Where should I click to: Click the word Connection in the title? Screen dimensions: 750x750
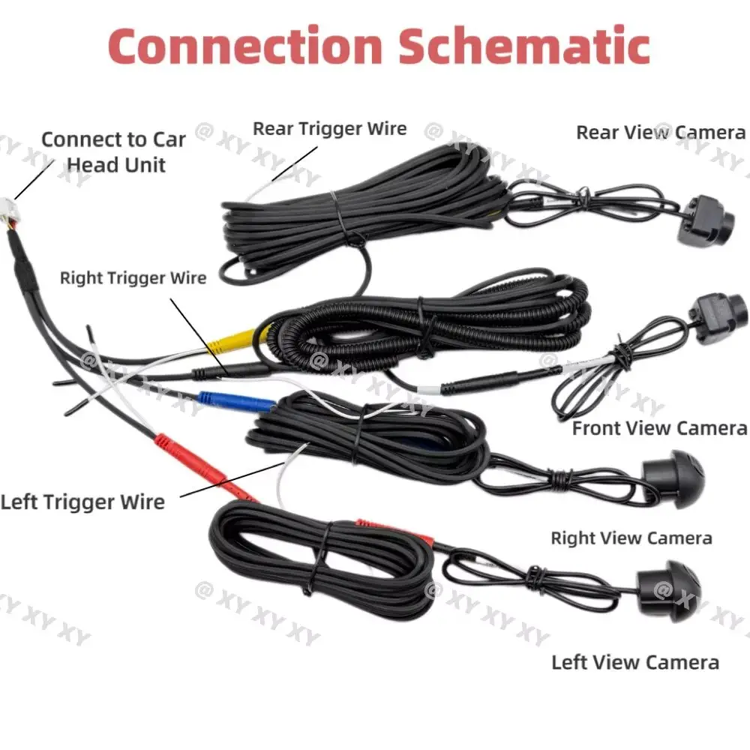tap(245, 46)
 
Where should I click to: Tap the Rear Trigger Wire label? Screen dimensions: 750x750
tap(329, 129)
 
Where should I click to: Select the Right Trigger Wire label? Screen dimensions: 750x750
tap(133, 278)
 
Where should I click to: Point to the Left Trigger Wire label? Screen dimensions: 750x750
tap(82, 502)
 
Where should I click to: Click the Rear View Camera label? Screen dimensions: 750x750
tap(661, 133)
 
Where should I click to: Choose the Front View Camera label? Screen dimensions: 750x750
tap(659, 428)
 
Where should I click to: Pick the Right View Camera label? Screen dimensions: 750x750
tap(631, 538)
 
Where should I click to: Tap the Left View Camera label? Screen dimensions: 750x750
tap(635, 663)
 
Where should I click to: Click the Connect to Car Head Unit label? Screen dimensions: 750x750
tap(113, 152)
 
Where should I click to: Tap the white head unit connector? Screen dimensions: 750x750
tap(10, 211)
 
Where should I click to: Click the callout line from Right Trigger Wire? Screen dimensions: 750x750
tap(199, 337)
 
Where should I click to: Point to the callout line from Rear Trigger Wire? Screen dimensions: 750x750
tap(295, 163)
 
